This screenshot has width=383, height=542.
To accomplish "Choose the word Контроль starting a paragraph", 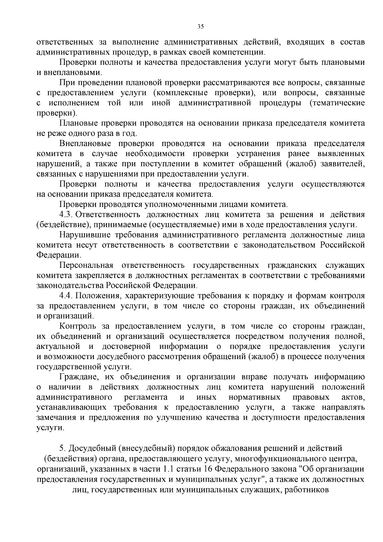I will [78, 327].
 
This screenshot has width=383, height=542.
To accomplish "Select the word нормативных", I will [254, 397].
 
